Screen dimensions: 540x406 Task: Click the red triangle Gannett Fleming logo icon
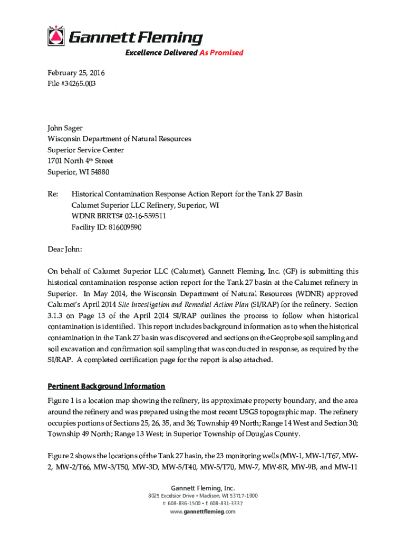tap(55, 36)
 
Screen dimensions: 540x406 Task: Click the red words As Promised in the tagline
tap(221, 53)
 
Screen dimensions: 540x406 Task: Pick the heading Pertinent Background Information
tap(106, 386)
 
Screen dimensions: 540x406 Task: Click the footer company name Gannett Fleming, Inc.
tap(203, 488)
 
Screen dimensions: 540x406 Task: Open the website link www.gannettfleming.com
tap(203, 512)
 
